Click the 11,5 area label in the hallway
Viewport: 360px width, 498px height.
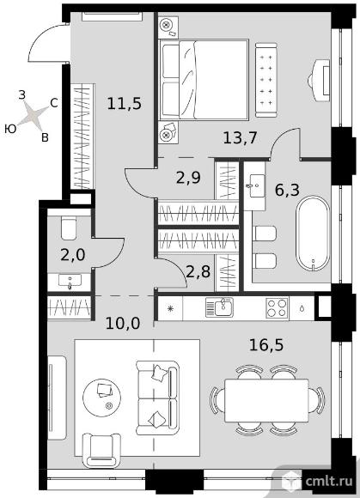tap(125, 104)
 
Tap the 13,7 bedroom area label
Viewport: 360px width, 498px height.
tap(240, 138)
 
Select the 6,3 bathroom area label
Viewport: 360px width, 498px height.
tap(287, 191)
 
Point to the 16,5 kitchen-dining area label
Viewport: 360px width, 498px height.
tap(266, 345)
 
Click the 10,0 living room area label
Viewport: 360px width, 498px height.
tap(123, 324)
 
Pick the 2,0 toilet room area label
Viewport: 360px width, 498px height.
tap(73, 255)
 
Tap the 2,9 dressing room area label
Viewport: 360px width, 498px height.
tap(188, 178)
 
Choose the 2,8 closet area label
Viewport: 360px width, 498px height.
tap(198, 271)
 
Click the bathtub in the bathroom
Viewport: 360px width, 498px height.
tap(313, 234)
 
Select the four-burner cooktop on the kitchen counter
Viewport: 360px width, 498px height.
tap(277, 308)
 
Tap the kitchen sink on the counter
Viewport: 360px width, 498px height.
tap(219, 307)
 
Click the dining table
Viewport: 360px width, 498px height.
tap(266, 400)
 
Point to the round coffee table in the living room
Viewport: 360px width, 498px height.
tap(101, 397)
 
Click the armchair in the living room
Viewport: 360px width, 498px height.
tap(101, 451)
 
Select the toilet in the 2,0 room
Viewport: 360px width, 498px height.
tap(69, 228)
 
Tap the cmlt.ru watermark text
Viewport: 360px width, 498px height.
tap(329, 481)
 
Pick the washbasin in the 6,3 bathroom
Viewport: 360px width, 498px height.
tap(255, 186)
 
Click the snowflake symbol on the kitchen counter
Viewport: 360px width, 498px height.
tap(171, 308)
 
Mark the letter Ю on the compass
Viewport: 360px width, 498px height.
tap(10, 129)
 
